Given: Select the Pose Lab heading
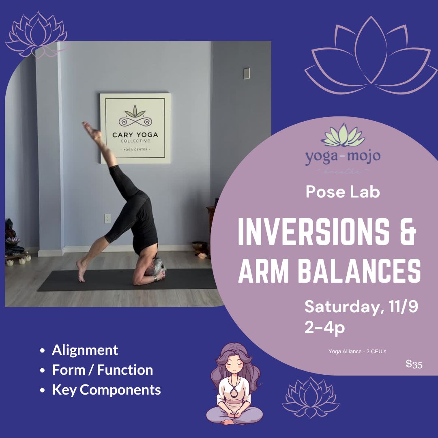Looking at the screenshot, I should [x=343, y=192].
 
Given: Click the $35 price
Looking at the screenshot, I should [x=414, y=364].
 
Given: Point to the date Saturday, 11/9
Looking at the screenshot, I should [x=361, y=307].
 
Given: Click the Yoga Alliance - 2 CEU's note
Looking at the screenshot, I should [x=357, y=351].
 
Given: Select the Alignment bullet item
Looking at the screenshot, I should [x=85, y=350].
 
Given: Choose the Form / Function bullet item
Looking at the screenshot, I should [x=102, y=369].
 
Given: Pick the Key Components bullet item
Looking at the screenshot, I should [x=106, y=390].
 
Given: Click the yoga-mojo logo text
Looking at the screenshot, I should [x=343, y=156].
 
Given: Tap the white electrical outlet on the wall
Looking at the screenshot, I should [x=107, y=218].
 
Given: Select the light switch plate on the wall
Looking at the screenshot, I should [x=246, y=73].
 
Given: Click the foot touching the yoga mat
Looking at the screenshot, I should [x=82, y=272].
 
